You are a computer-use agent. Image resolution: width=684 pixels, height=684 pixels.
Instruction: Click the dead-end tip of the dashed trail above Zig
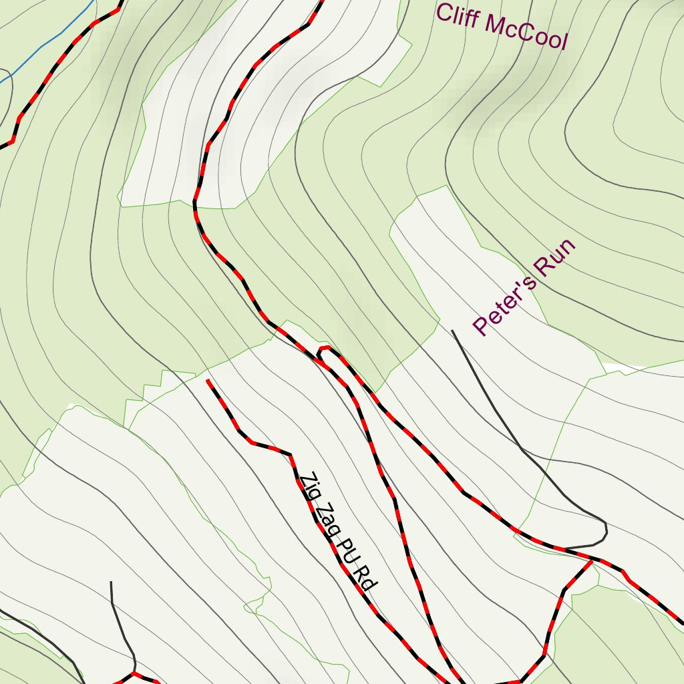[x=208, y=381]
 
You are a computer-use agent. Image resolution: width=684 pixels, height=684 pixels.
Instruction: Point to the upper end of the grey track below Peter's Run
[x=453, y=330]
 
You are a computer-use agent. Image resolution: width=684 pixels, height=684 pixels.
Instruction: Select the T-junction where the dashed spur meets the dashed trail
[x=592, y=561]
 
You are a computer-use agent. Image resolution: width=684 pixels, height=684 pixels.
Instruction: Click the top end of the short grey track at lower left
[x=111, y=582]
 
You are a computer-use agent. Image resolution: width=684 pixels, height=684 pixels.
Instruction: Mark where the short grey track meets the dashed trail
[x=134, y=673]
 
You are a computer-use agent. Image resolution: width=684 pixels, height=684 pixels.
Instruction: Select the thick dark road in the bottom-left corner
[x=40, y=635]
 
